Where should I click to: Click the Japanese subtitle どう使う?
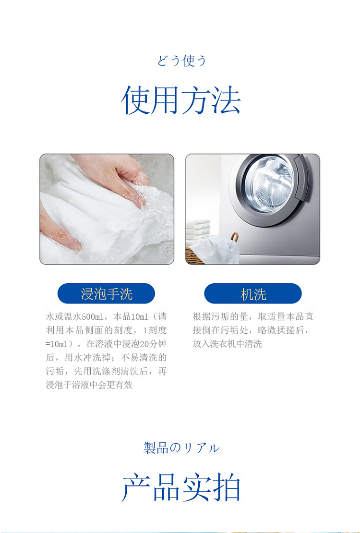(181, 61)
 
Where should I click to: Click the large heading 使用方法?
(180, 100)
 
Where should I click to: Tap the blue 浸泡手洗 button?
(106, 293)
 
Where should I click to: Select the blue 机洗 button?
(253, 293)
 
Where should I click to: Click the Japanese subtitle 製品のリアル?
(181, 448)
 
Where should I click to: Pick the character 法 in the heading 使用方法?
(227, 100)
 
